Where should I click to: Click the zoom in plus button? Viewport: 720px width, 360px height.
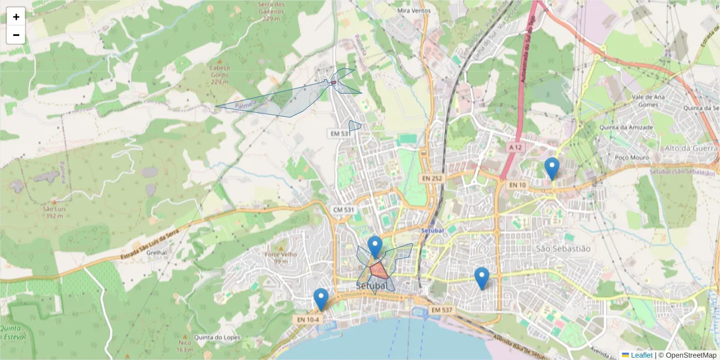pos(16,17)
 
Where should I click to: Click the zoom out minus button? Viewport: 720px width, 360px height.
pos(16,35)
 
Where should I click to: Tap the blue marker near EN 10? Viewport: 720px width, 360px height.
pos(551,169)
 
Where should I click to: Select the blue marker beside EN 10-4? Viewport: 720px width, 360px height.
pos(321,299)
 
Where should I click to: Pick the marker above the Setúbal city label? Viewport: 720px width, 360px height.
pos(375,247)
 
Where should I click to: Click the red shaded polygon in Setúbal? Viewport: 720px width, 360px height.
pos(378,270)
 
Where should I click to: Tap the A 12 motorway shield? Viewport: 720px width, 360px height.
pos(515,147)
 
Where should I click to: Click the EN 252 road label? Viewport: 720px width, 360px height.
pos(431,178)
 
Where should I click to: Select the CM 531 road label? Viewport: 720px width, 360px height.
pos(343,208)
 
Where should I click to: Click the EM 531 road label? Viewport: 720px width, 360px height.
pos(339,133)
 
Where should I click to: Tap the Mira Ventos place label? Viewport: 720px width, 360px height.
pos(413,11)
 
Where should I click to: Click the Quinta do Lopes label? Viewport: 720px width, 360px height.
pos(217,337)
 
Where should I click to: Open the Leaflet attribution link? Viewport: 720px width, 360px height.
pos(641,355)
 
